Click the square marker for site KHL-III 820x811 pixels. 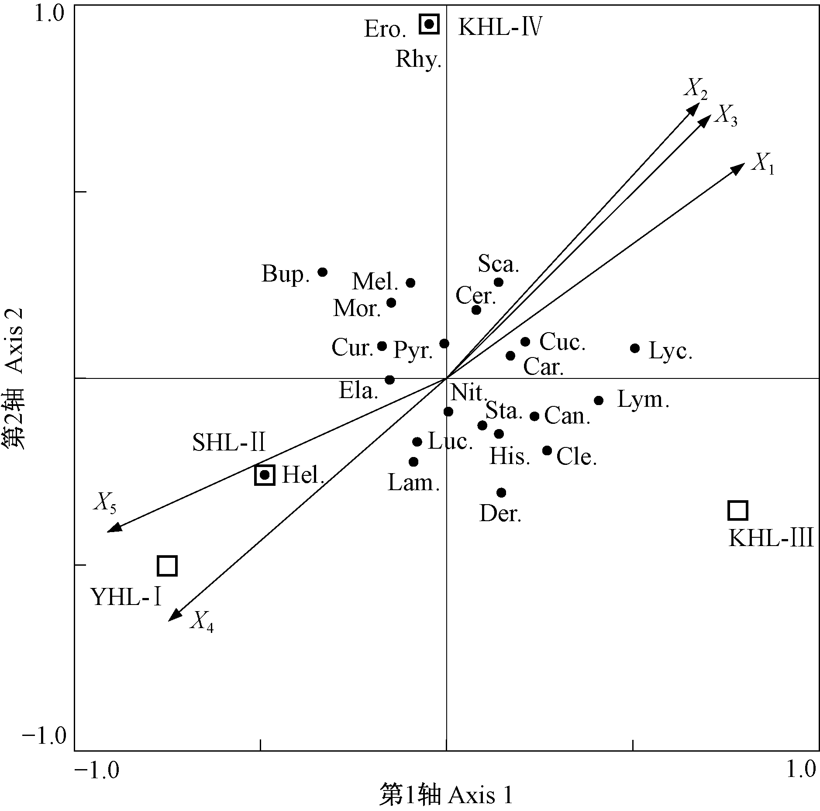click(x=737, y=510)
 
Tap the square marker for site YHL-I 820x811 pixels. click(x=167, y=566)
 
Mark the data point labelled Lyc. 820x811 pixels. click(x=635, y=348)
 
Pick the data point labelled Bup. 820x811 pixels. click(x=323, y=272)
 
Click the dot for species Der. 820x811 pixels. click(x=501, y=492)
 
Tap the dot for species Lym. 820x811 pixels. click(x=599, y=400)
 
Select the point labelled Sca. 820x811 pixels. click(x=499, y=282)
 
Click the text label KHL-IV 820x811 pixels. click(x=500, y=28)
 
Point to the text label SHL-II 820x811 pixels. click(x=229, y=443)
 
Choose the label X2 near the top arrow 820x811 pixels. click(x=695, y=89)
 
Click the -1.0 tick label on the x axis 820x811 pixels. click(x=96, y=770)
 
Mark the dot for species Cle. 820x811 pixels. click(x=547, y=450)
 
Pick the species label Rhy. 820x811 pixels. click(x=418, y=59)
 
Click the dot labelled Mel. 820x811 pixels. click(x=410, y=283)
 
